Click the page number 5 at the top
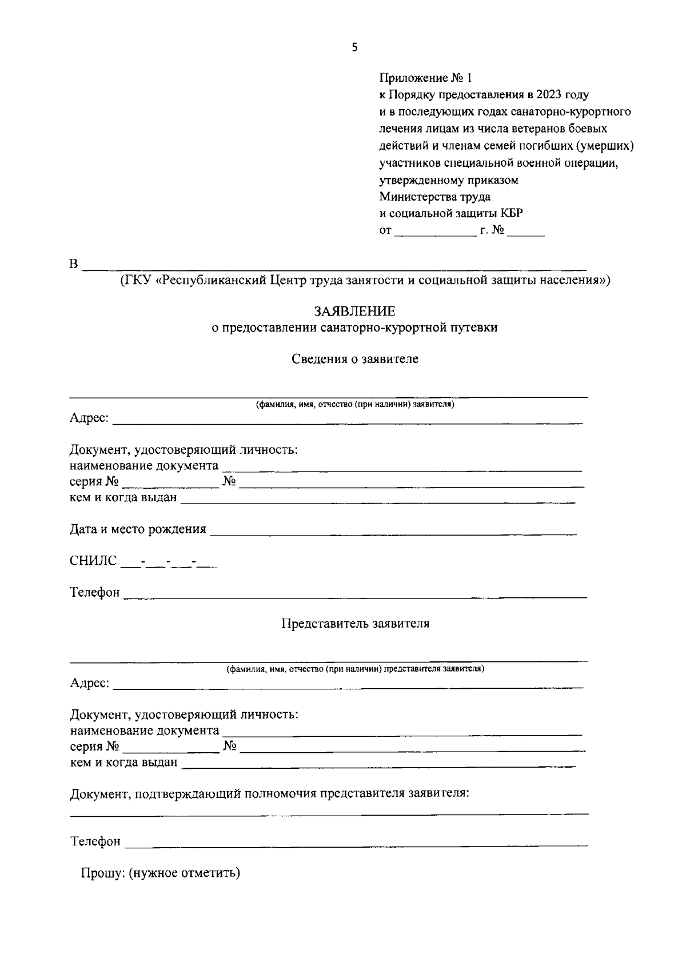coord(354,48)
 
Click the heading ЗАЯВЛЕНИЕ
coord(354,312)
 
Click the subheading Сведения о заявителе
coord(354,359)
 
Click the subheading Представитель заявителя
coord(355,624)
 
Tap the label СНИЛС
coord(93,561)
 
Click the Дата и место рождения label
coord(138,529)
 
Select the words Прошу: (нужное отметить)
coord(161,873)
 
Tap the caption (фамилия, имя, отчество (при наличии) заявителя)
coord(354,405)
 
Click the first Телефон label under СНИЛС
coord(95,593)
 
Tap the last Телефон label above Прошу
coord(95,841)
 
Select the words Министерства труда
coord(434,197)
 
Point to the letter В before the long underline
coord(73,265)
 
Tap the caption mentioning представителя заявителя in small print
coord(355,669)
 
